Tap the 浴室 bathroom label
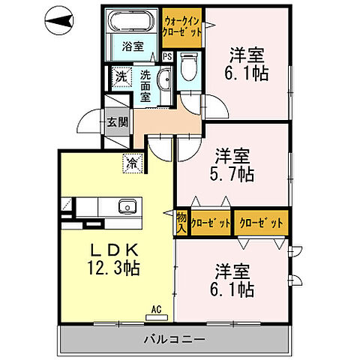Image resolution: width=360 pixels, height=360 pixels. point(133,46)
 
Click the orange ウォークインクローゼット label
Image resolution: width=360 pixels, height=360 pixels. point(181,26)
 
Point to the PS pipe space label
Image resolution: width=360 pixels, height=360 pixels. point(167,56)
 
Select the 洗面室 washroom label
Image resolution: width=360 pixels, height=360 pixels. point(146,85)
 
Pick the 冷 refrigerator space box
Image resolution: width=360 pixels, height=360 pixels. point(132,161)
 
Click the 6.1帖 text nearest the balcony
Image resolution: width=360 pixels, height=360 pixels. point(235,289)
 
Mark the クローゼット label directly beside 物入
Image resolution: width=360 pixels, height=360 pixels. point(210,222)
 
